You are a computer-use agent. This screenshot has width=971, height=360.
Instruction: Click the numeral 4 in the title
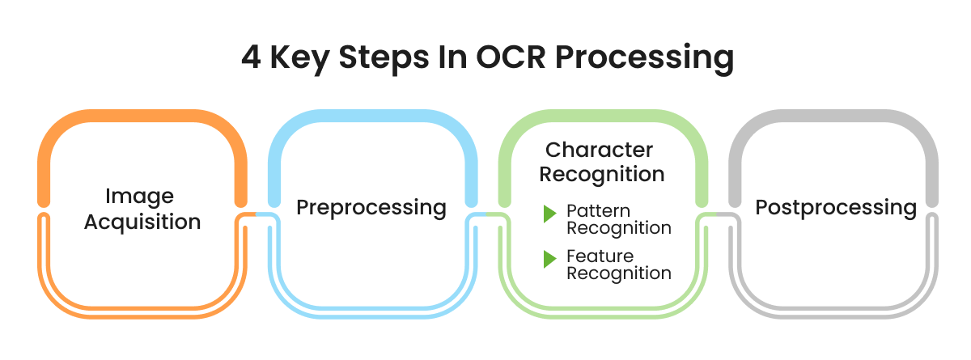251,60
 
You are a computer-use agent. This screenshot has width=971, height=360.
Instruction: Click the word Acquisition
142,221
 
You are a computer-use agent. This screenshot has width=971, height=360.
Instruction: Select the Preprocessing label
371,208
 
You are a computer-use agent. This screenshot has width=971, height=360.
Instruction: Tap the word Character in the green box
599,150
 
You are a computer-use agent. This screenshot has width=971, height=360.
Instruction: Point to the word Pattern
598,210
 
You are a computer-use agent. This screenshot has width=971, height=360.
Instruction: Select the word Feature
600,256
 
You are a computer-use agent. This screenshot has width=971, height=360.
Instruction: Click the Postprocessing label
836,208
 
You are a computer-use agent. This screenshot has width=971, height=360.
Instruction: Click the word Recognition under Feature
618,273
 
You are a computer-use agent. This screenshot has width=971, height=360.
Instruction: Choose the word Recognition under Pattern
618,228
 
